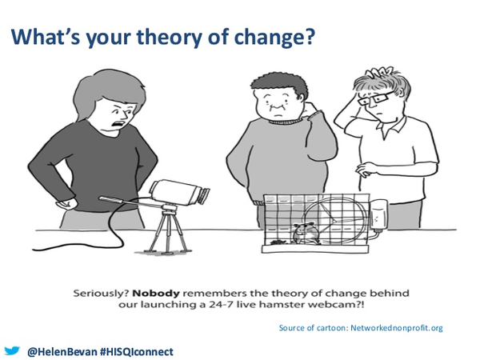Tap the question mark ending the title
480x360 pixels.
310,35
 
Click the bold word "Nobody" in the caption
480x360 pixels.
156,294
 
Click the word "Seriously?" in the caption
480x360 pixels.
101,294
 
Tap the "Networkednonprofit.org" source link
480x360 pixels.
397,328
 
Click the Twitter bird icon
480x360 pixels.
12,351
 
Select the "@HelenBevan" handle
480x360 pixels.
62,351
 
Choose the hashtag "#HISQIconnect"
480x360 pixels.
137,351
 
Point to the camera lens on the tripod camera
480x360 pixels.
203,196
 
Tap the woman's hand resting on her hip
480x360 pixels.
66,203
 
